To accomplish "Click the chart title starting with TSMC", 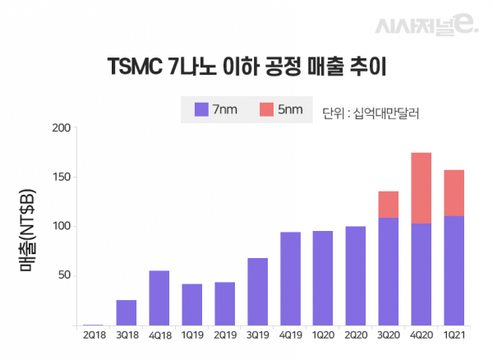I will (x=246, y=66).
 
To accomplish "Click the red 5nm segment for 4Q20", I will (x=421, y=187).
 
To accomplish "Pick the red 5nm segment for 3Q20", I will (x=388, y=205).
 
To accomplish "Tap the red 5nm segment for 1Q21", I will (x=454, y=193).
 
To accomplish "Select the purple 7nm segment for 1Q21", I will (x=454, y=270).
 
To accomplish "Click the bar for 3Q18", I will (x=127, y=312).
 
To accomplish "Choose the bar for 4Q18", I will (x=159, y=298).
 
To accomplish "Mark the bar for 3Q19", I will (x=257, y=292).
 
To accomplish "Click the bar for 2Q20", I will (x=356, y=275).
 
